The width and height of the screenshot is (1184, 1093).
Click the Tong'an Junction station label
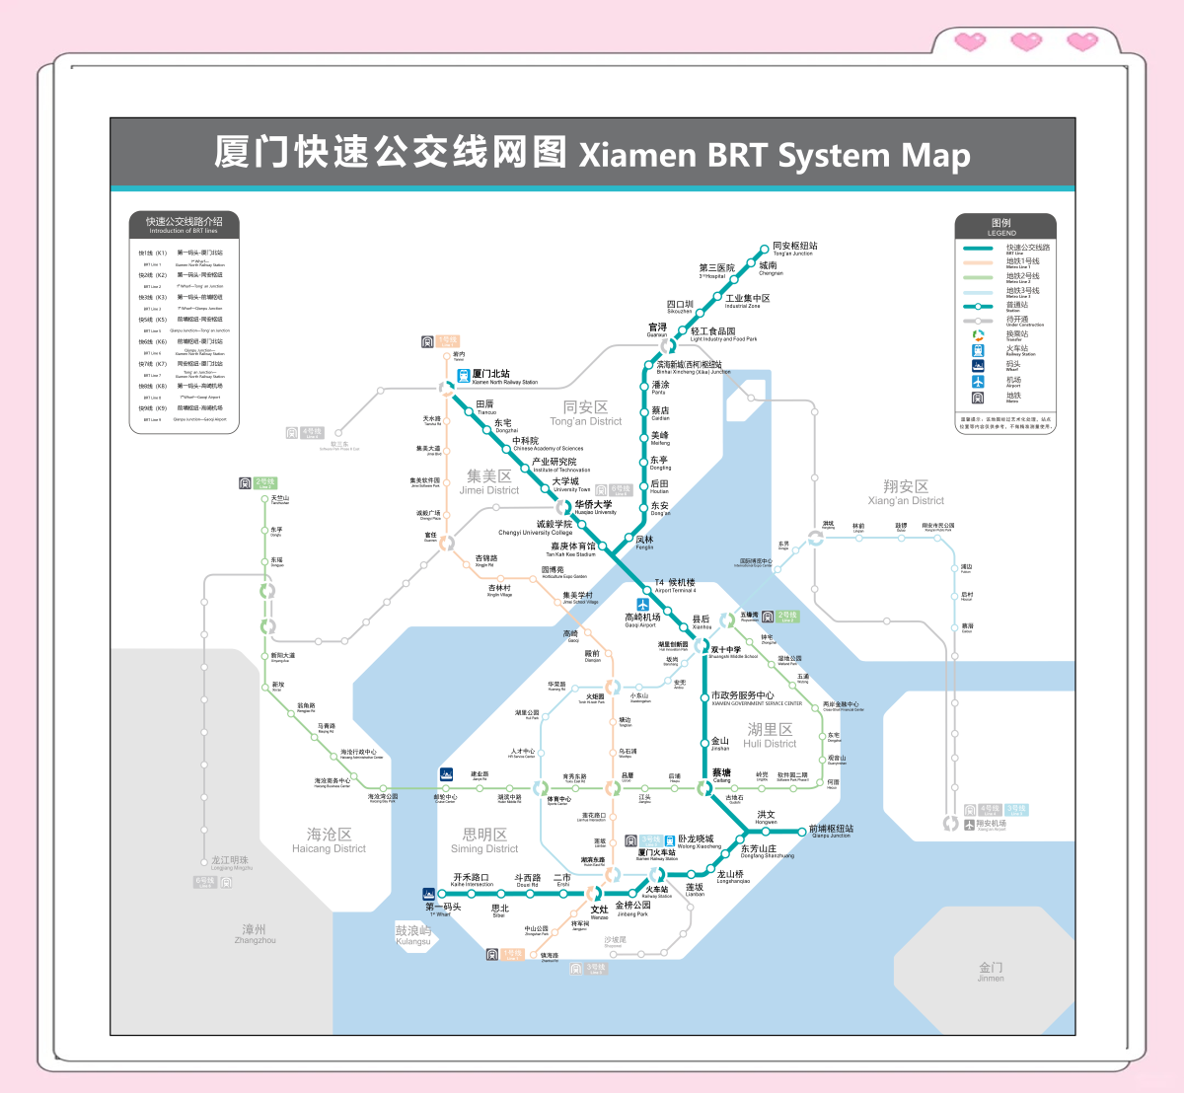(x=794, y=249)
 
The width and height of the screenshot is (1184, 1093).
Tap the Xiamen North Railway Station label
(x=504, y=377)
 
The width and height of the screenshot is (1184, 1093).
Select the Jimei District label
(x=488, y=482)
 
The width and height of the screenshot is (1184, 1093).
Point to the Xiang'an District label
(x=906, y=492)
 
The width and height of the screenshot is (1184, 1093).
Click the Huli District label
(x=770, y=735)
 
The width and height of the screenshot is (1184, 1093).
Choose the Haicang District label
(x=329, y=840)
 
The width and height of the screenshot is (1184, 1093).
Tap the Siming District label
(x=484, y=840)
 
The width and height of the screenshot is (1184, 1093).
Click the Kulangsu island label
(x=413, y=934)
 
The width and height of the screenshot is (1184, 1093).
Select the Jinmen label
(x=991, y=972)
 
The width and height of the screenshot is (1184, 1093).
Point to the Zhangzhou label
(x=255, y=933)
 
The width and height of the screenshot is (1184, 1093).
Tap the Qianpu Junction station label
(x=831, y=832)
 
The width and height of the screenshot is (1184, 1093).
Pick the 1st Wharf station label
(x=442, y=910)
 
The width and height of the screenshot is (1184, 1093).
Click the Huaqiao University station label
(x=594, y=507)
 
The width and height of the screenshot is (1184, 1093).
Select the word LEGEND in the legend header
(x=1000, y=233)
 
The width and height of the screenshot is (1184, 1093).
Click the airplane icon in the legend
(x=978, y=381)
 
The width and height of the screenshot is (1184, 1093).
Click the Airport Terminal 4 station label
(x=675, y=585)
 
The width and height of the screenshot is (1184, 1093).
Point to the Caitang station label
(x=721, y=775)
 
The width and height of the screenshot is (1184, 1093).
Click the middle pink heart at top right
(x=1026, y=41)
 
